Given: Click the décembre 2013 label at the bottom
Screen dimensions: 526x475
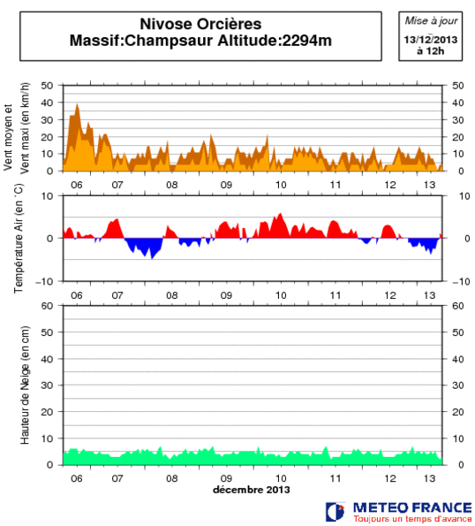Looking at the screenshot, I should point(251,490).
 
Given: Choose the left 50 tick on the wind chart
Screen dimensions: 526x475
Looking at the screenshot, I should point(49,86).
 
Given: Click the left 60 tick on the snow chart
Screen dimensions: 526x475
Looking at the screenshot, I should point(49,306).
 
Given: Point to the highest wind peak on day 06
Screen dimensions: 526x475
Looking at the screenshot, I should point(78,104).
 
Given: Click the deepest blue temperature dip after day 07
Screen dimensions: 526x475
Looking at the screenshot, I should point(151,257).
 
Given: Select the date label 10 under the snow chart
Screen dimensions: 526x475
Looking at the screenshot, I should point(281,478).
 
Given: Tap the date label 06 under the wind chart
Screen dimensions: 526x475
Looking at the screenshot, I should point(77,185).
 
